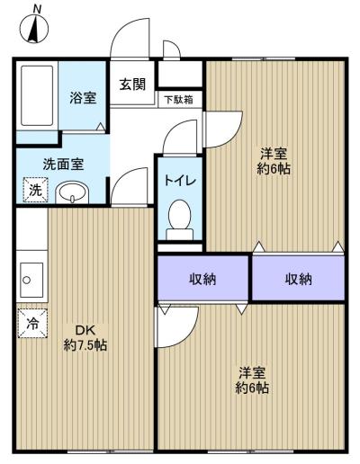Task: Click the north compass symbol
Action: point(34,29)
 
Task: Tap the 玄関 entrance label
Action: point(132,85)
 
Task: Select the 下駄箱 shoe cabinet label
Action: point(179,100)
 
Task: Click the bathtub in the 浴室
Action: point(37,95)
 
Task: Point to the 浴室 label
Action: point(83,98)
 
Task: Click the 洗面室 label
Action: point(63,164)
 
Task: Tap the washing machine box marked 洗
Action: point(35,190)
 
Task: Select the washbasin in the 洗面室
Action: point(72,192)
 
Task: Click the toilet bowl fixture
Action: point(180,219)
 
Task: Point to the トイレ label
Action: point(180,181)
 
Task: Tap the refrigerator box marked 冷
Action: point(32,323)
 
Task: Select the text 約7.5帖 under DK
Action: point(85,345)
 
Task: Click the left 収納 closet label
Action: point(202,279)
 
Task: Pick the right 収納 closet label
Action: point(298,279)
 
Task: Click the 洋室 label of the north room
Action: point(274,154)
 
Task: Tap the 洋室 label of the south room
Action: point(252,372)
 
